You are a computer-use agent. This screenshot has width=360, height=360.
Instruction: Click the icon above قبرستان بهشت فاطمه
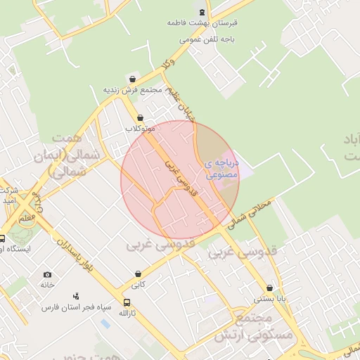pos(202,11)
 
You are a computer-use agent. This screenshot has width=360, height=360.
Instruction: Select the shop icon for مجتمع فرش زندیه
pos(133,79)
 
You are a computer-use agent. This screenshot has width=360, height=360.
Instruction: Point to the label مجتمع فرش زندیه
pos(133,90)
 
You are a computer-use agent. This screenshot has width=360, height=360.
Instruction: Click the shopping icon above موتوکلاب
pos(140,117)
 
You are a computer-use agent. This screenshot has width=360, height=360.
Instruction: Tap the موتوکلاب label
pos(140,129)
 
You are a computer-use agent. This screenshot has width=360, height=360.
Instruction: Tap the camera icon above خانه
pos(47,274)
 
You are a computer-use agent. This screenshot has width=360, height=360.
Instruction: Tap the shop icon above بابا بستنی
pos(270,288)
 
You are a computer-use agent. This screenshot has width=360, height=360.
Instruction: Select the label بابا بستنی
pos(270,299)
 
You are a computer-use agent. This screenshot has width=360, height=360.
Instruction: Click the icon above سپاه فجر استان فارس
pos(76,296)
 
